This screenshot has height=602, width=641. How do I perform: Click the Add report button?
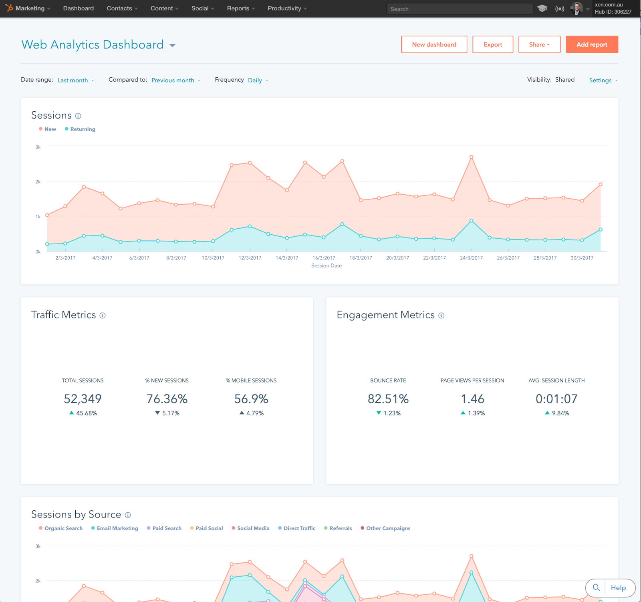coord(592,44)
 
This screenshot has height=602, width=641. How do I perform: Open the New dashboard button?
coord(434,44)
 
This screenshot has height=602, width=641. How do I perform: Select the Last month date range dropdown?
coord(75,80)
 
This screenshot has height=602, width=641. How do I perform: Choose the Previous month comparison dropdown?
coord(175,80)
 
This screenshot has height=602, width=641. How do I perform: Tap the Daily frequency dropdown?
coord(258,80)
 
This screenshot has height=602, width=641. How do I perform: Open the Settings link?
coord(603,80)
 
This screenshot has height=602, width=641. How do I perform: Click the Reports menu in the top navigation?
coord(240,8)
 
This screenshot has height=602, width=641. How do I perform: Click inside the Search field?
coord(459,9)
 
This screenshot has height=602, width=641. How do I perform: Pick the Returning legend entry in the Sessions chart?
coord(83,129)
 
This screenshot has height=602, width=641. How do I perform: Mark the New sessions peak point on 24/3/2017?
coord(472,157)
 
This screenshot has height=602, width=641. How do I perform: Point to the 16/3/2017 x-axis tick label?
coord(324,258)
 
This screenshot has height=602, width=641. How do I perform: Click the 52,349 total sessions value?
coord(83,399)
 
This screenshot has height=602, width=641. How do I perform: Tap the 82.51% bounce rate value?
coord(388,399)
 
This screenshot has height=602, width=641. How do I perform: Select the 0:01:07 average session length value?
coord(556,399)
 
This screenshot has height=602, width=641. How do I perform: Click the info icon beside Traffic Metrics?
coord(103,316)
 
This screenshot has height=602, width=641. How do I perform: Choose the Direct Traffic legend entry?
coord(299,528)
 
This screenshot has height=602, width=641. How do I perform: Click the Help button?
coord(618,588)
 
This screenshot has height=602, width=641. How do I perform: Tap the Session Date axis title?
coord(327,266)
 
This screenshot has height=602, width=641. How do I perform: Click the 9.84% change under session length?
coord(560,413)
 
